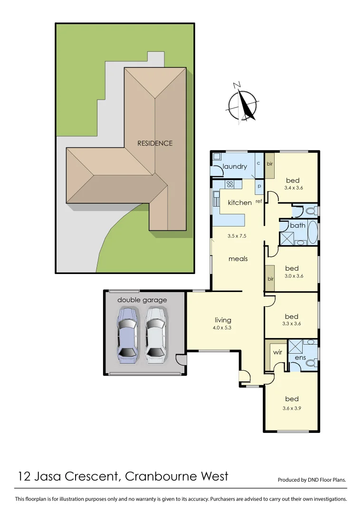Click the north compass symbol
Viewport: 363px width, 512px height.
(243, 104)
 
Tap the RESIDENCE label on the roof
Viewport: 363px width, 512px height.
(155, 143)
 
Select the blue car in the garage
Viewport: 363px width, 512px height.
(127, 335)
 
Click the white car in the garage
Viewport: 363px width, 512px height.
(155, 335)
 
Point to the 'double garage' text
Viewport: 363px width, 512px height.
(142, 300)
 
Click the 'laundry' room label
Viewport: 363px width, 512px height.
(235, 166)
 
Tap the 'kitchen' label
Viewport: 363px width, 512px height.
(240, 202)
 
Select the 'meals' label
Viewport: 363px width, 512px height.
(238, 259)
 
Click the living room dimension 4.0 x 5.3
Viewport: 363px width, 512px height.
(222, 328)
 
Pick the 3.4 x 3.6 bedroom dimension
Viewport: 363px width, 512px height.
(293, 188)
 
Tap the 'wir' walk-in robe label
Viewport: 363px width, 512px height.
(277, 353)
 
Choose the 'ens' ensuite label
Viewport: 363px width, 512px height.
(300, 357)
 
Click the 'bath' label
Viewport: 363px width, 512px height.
(297, 225)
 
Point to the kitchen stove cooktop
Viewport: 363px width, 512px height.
(229, 184)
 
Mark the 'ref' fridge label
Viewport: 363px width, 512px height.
(259, 201)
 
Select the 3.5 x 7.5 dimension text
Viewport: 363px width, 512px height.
(237, 236)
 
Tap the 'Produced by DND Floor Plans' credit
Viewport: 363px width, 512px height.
(312, 480)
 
